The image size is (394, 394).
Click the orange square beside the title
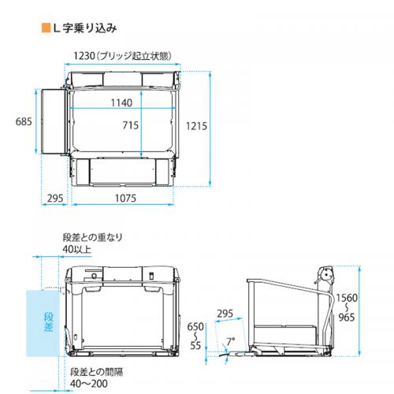coord(46,28)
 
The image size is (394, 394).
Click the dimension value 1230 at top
coord(84,56)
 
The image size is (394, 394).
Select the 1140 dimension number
coord(121,102)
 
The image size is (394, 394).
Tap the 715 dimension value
coord(131,125)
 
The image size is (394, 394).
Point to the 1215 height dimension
coord(196,126)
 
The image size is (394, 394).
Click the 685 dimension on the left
coord(24,121)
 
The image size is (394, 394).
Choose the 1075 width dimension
coord(125,198)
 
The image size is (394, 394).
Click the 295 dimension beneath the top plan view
coord(55,198)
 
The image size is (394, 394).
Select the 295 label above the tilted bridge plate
coord(225,314)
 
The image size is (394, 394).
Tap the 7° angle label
coord(231,342)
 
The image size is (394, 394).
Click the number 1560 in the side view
coord(347,298)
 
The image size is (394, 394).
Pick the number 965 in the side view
coord(347,318)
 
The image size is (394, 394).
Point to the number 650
coord(195,327)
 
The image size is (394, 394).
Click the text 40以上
coord(76,249)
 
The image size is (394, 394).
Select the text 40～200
coord(89,384)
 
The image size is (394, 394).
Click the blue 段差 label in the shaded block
coord(49,322)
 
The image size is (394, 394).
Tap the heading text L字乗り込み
coord(85,28)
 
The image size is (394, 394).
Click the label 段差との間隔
coord(96,372)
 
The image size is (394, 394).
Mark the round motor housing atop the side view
coord(326,276)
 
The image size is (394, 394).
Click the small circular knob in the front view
coord(94,276)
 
